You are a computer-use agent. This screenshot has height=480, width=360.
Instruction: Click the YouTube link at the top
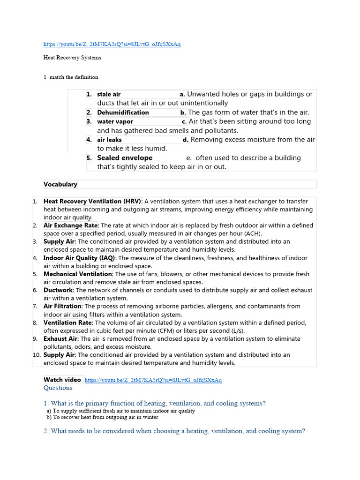pyautogui.click(x=112, y=44)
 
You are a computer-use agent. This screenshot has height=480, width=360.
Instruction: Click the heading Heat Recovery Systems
pyautogui.click(x=72, y=58)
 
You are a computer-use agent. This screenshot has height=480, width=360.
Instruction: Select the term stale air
pyautogui.click(x=109, y=94)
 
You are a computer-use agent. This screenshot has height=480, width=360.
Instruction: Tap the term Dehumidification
pyautogui.click(x=123, y=112)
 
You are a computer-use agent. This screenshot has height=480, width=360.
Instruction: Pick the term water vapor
pyautogui.click(x=115, y=121)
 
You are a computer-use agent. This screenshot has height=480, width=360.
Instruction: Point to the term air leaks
pyautogui.click(x=109, y=140)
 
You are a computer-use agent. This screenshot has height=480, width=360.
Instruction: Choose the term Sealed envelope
pyautogui.click(x=125, y=158)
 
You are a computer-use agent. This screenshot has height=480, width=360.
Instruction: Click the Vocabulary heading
pyautogui.click(x=60, y=184)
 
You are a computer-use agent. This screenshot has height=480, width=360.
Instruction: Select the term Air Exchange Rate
pyautogui.click(x=71, y=225)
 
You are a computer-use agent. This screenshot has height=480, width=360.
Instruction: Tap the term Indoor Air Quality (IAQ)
pyautogui.click(x=79, y=258)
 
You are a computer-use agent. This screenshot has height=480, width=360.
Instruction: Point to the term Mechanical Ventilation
pyautogui.click(x=78, y=274)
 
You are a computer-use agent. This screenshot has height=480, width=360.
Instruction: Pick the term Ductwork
pyautogui.click(x=59, y=290)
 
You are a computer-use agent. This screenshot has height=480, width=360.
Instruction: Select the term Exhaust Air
pyautogui.click(x=60, y=338)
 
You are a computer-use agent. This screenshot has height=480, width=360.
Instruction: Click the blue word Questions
pyautogui.click(x=58, y=388)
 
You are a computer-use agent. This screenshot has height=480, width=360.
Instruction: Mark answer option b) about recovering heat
pyautogui.click(x=105, y=417)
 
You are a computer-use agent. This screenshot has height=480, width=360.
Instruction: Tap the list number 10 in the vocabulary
pyautogui.click(x=37, y=355)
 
